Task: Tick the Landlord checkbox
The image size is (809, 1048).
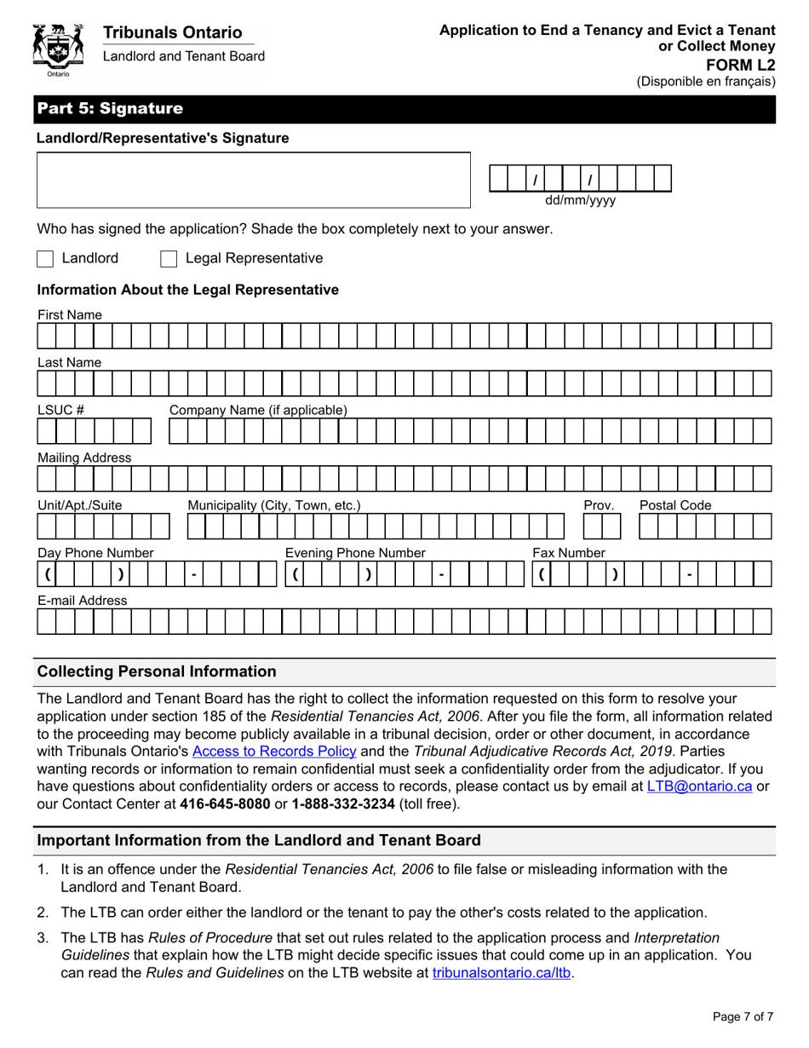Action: pos(46,259)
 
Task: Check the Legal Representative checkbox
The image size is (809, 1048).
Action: pos(169,259)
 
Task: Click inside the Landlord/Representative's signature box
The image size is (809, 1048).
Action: pos(253,180)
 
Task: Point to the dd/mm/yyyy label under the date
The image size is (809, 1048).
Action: pos(580,201)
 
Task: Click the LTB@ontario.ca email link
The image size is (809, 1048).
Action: pos(699,786)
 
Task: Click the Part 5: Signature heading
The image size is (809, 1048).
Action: pos(110,109)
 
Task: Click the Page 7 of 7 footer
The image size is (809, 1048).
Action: pos(743,1016)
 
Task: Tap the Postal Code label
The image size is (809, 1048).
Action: pos(675,505)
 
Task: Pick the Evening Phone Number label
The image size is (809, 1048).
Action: pos(354,553)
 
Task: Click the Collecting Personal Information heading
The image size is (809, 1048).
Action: pos(158,671)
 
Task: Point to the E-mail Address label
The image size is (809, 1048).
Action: pos(82,601)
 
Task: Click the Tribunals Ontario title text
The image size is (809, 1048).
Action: pos(172,33)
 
